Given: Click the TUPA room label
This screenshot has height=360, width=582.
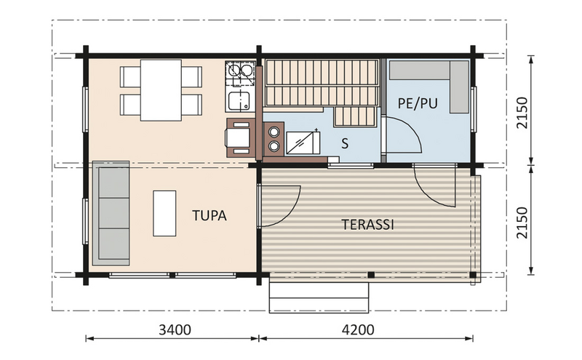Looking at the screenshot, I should (210, 216).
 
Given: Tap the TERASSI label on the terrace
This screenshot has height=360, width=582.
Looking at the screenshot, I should (367, 225).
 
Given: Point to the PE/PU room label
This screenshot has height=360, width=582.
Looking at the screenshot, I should (418, 104).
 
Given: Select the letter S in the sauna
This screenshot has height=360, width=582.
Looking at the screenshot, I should (345, 143).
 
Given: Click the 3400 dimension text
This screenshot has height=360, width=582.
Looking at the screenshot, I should (174, 329).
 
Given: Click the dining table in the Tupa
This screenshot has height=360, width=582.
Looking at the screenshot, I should (161, 90).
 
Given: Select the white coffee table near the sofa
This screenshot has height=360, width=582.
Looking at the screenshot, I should (164, 212).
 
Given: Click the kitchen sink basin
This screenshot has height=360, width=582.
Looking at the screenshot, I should (239, 100).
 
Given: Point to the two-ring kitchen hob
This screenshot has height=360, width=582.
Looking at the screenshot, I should (240, 71).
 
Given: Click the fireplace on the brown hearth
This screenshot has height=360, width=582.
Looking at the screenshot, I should (240, 137).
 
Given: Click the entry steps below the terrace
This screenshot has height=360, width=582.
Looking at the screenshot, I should (319, 297).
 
